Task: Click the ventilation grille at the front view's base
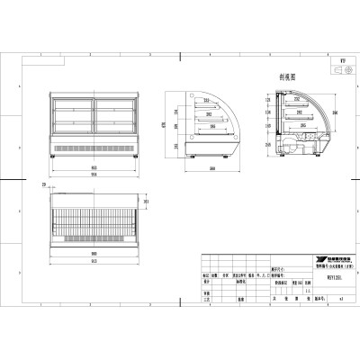point(94,146)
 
